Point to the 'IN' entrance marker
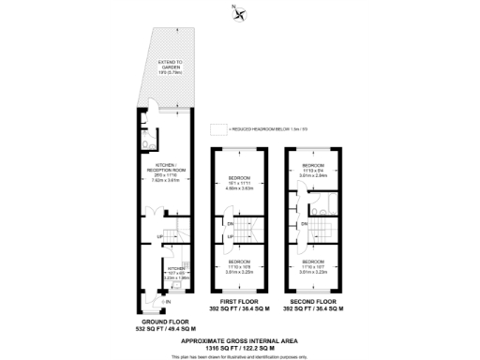click(x=169, y=302)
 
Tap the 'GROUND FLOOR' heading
click(x=164, y=321)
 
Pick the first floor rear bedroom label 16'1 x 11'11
click(x=239, y=184)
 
